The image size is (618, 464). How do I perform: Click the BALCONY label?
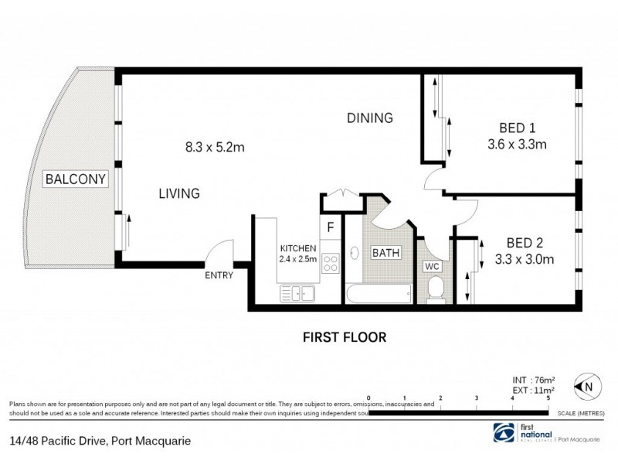pyautogui.click(x=76, y=179)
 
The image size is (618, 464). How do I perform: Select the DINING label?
pyautogui.click(x=370, y=118)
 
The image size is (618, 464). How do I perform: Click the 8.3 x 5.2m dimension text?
pyautogui.click(x=214, y=147)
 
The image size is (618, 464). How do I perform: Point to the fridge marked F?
pyautogui.click(x=330, y=228)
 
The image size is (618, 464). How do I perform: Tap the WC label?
pyautogui.click(x=432, y=266)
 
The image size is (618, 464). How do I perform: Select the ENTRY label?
pyautogui.click(x=219, y=275)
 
